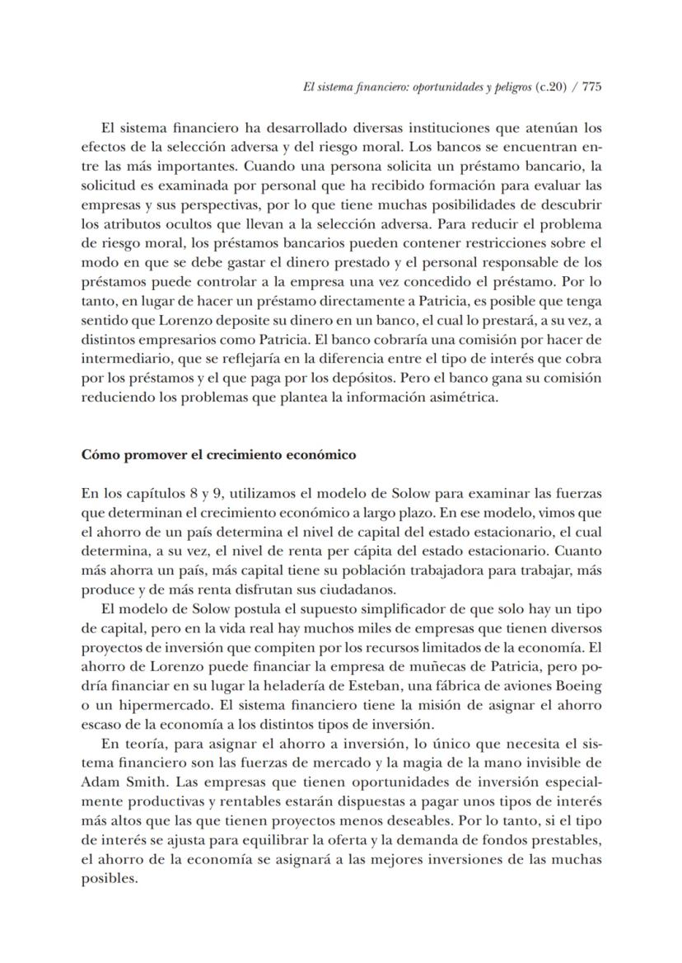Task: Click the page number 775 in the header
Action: [x=591, y=89]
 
